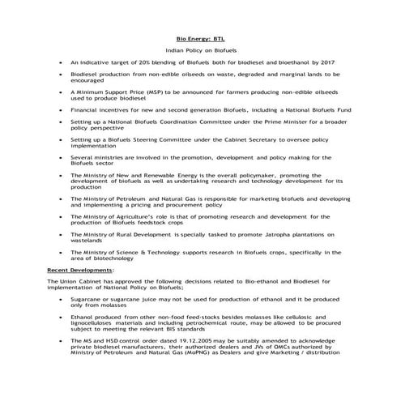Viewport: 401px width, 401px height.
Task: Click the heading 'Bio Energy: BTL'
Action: point(199,38)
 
